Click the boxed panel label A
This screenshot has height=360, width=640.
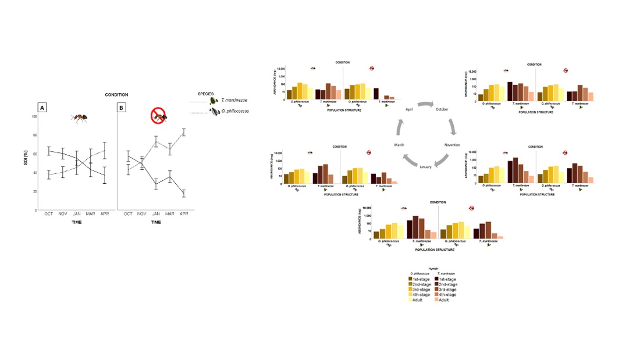tap(42, 108)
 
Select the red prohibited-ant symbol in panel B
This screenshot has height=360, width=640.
tap(159, 116)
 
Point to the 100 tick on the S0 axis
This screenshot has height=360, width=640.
tap(34, 116)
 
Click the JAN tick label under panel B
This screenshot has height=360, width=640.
tap(156, 214)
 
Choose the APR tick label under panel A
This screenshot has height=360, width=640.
tap(105, 214)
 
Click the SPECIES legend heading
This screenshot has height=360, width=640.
tap(205, 93)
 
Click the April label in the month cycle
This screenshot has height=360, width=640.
tap(410, 109)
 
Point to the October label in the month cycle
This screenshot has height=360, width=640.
tap(443, 109)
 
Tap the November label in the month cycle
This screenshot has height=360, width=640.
tap(453, 144)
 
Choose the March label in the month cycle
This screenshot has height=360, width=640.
tap(399, 144)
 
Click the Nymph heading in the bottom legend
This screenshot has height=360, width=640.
tap(433, 268)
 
